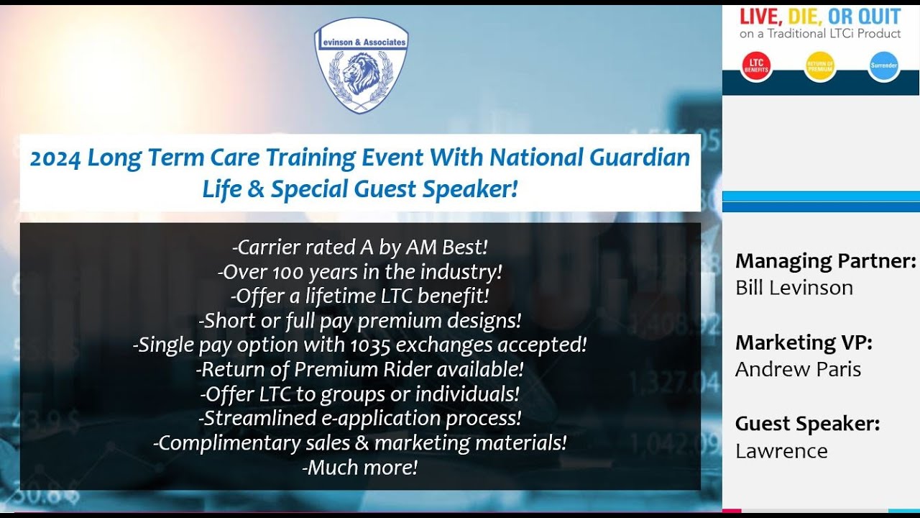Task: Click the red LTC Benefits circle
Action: [x=756, y=66]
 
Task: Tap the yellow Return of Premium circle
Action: [x=820, y=66]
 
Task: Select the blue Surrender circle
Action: [x=883, y=66]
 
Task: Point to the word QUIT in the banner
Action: [x=874, y=17]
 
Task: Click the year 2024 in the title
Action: [x=55, y=158]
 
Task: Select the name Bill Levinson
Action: [x=793, y=288]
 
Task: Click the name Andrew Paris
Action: [x=798, y=369]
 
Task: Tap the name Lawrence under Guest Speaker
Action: [x=781, y=451]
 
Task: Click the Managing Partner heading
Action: [x=825, y=260]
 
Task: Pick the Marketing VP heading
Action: [x=804, y=342]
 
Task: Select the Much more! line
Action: [x=360, y=468]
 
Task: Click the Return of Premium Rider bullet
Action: [x=359, y=370]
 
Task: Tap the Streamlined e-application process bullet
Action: [x=359, y=418]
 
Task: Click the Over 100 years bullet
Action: [x=359, y=272]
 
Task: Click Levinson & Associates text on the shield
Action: [x=361, y=42]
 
